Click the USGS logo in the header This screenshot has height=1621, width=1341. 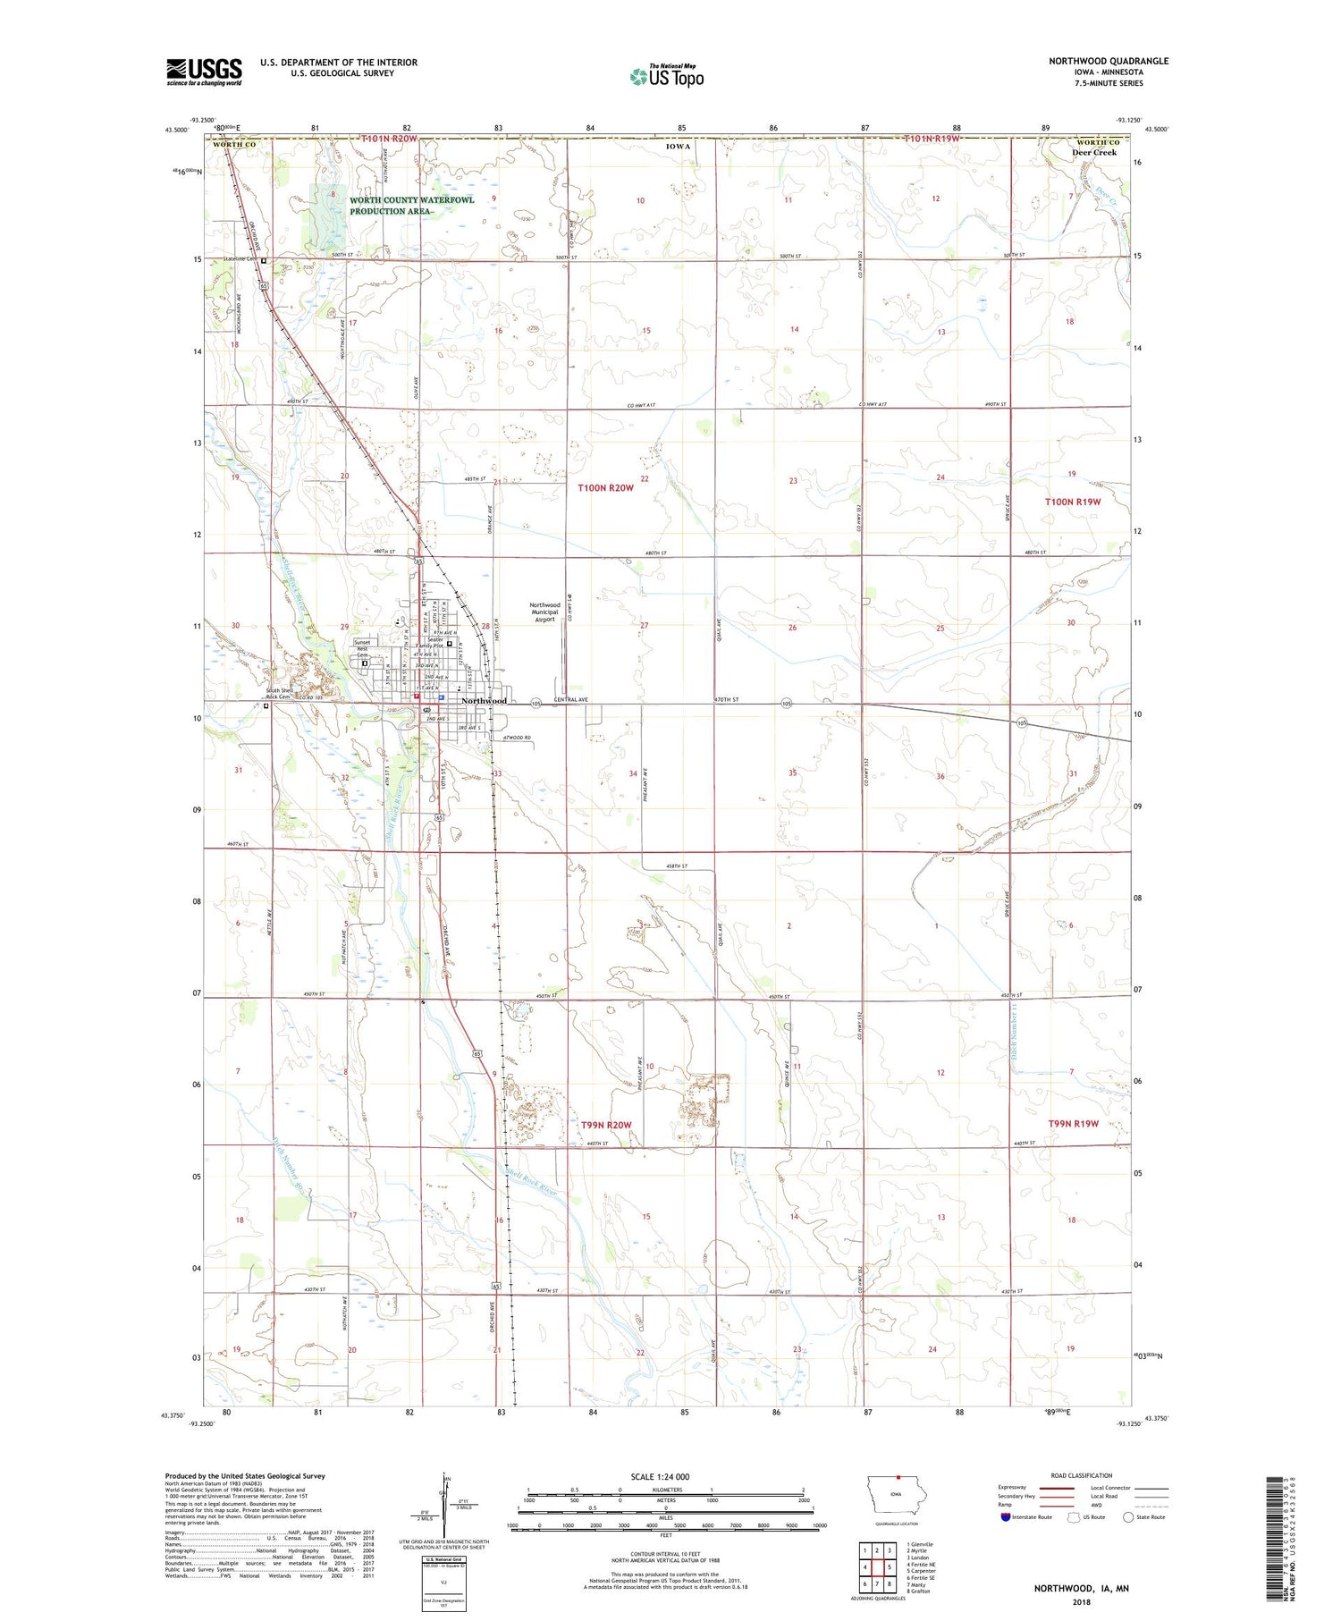204,72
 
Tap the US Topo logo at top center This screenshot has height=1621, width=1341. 666,77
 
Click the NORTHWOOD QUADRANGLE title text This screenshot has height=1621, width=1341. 1109,61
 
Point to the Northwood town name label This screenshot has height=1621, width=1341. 484,701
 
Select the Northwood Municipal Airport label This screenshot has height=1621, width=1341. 544,612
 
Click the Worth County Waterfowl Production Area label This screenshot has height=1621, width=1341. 412,206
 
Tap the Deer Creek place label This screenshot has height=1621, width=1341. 1094,153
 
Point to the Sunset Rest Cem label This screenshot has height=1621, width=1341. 361,648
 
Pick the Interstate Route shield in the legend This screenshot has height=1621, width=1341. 1006,1517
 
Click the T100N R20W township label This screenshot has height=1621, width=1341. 605,488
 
